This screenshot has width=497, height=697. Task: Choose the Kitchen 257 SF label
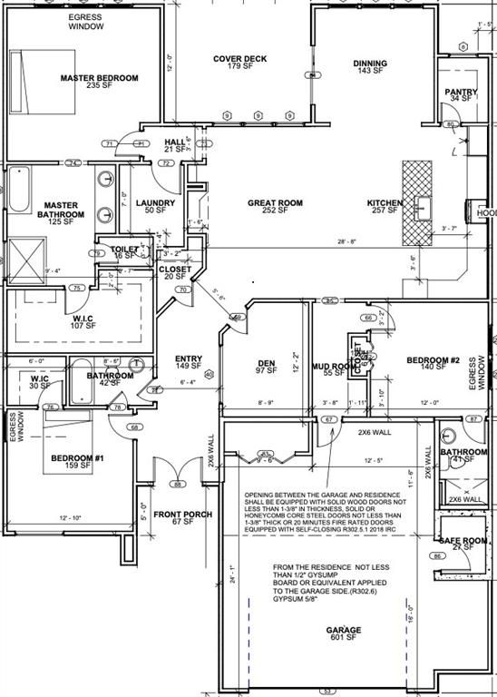pos(385,207)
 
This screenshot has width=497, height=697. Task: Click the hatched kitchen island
pos(418,203)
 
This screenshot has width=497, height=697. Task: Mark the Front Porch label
pos(182,518)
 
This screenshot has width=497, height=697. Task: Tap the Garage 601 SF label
pos(349,633)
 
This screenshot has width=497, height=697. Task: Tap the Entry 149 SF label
pos(188,363)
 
